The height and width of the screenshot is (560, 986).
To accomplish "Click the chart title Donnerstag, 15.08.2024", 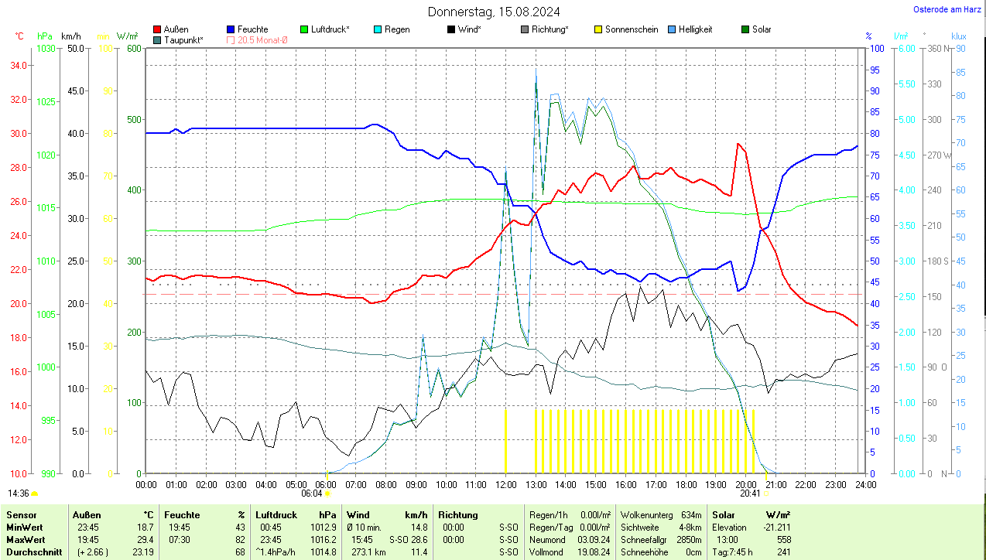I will (494, 12).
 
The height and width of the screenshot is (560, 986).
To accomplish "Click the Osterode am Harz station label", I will (947, 9).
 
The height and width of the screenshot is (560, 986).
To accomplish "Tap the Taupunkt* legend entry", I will (183, 39).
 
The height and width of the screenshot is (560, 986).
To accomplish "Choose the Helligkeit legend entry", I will (695, 29).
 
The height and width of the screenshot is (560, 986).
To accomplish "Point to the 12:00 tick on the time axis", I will (505, 484).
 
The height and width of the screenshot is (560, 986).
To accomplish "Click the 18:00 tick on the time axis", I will (686, 484).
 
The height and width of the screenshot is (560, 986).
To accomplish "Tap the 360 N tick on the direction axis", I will (937, 49).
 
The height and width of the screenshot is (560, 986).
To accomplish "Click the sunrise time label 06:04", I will (311, 493).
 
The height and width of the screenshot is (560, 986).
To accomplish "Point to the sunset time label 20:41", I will (749, 493).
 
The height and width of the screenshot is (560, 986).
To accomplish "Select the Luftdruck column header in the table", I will (276, 514).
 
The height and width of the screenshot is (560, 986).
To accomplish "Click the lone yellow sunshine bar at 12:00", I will (505, 441).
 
